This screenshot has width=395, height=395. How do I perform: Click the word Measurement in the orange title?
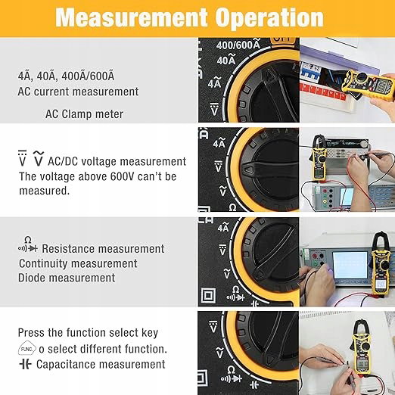coord(132,17)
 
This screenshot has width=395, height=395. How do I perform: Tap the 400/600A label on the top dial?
coord(238,44)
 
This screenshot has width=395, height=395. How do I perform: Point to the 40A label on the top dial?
coord(226,60)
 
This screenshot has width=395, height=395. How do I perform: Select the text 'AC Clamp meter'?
coord(84,114)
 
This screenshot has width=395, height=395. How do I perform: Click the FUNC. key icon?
coord(27,349)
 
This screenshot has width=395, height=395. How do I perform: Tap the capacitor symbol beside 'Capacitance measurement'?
coord(25,364)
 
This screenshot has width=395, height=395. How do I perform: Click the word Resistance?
coord(69,249)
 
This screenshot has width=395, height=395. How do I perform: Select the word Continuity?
coord(43,264)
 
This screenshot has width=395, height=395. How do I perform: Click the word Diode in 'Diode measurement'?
coord(32,278)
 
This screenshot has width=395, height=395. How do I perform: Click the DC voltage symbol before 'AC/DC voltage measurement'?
coord(22,158)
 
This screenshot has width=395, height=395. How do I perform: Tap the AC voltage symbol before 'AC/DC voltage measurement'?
coord(39,158)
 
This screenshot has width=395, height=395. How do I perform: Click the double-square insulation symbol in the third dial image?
coord(209,296)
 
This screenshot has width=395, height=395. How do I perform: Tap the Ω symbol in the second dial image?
coord(232,208)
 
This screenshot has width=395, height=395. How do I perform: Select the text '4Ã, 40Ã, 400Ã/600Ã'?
coord(66,76)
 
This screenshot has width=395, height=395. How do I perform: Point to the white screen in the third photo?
coord(350,265)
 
